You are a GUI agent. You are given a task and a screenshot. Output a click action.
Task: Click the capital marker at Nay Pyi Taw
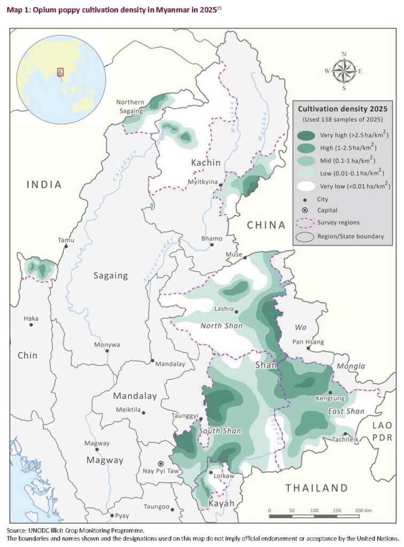(x=160, y=464)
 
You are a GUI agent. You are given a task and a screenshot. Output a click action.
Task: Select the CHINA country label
(x=266, y=225)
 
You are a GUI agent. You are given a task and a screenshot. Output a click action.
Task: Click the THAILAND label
(x=316, y=487)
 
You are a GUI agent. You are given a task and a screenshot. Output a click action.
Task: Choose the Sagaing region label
(x=111, y=276)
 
